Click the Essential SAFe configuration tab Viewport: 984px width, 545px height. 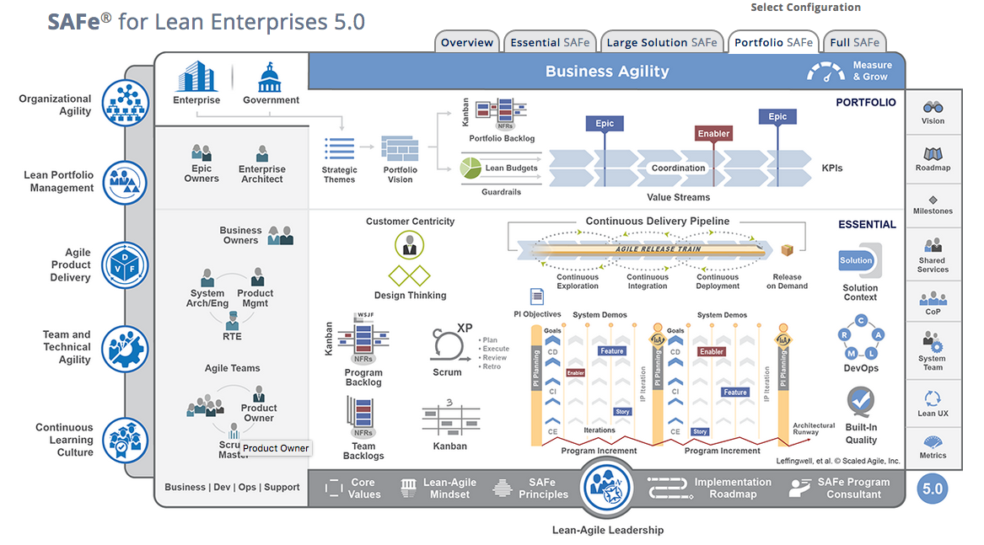(549, 42)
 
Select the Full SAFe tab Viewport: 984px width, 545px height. (854, 42)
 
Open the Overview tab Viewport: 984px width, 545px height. (466, 42)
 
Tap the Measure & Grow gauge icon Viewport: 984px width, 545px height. (825, 72)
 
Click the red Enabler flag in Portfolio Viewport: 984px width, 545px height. (713, 133)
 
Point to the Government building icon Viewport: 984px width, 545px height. (271, 78)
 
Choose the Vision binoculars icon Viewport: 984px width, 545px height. (933, 108)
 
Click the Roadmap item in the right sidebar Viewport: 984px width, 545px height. (933, 159)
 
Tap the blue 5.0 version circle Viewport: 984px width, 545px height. (933, 489)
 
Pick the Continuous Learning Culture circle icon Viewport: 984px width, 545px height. (126, 440)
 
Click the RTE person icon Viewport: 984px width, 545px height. (232, 321)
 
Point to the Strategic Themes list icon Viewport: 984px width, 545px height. (339, 150)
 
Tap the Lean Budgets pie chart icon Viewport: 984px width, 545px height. (470, 168)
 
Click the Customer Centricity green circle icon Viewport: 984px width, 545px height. (410, 245)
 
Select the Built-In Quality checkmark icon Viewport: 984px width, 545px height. (861, 403)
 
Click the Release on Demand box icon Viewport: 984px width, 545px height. (787, 250)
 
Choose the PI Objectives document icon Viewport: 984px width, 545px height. (537, 297)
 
